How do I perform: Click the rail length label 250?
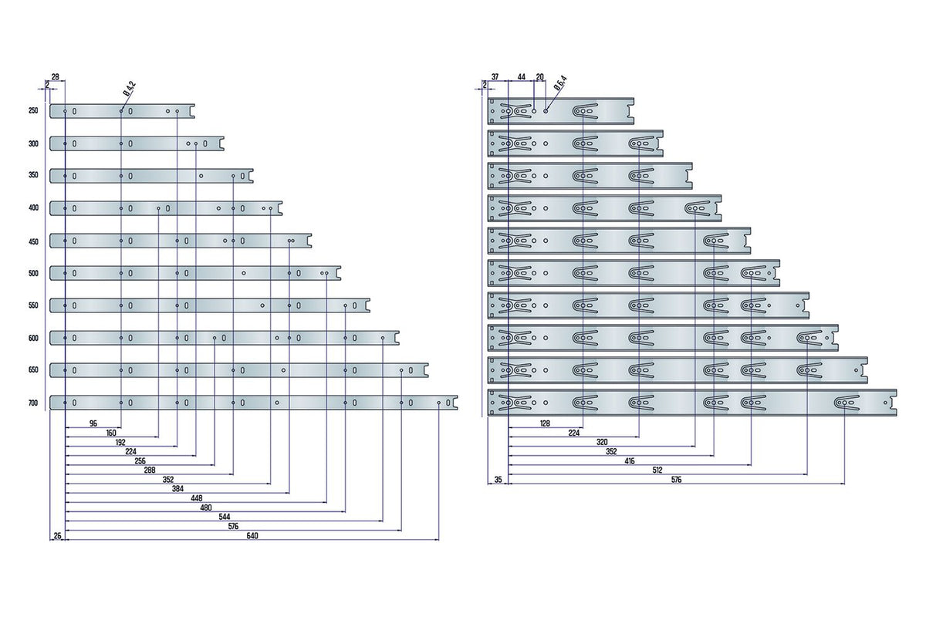[x=33, y=111]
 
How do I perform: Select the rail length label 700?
[x=33, y=403]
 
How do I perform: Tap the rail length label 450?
[x=33, y=241]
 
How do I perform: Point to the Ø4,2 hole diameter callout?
[x=130, y=89]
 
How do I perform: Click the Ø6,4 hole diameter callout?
[x=560, y=83]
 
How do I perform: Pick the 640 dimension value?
[x=252, y=535]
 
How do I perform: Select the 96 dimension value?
[x=93, y=423]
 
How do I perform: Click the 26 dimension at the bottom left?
[x=57, y=535]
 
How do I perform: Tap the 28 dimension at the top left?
[x=55, y=76]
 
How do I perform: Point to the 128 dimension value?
[x=545, y=423]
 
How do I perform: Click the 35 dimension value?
[x=498, y=480]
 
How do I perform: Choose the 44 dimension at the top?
[x=522, y=77]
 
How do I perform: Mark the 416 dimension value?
[x=629, y=460]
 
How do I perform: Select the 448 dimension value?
[x=196, y=498]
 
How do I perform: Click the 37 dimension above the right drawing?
[x=495, y=77]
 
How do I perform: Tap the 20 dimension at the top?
[x=540, y=77]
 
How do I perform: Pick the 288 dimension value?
[x=150, y=470]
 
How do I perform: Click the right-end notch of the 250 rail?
[x=192, y=111]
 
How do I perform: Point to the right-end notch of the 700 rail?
[x=455, y=403]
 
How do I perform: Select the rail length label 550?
[x=33, y=305]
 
